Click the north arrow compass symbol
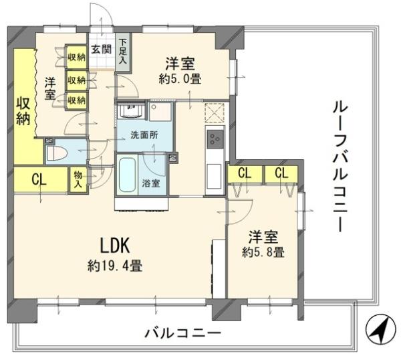pos(379,329)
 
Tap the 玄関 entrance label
pos(101,49)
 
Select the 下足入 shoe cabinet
pos(123,51)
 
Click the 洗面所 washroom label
pos(144,134)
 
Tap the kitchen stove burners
pos(216,139)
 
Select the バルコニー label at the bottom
pos(182,333)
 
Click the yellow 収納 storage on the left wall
pos(23,110)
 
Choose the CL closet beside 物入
pos(39,179)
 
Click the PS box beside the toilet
pos(49,141)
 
